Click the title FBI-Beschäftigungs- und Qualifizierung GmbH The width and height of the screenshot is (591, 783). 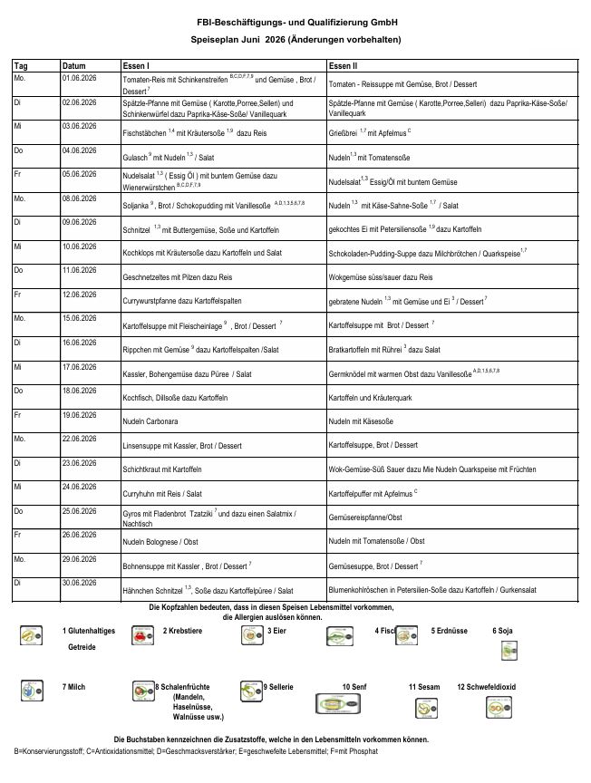tap(295, 20)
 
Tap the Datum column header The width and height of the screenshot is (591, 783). tap(73, 66)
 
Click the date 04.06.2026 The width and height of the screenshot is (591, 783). tap(79, 150)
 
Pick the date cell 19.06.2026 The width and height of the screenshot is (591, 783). tap(79, 416)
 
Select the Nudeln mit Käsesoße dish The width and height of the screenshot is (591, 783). tap(363, 421)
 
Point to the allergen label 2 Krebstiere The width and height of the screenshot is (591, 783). tap(182, 630)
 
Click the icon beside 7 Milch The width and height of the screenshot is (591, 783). tap(32, 691)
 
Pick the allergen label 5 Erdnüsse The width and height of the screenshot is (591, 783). tap(451, 630)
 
